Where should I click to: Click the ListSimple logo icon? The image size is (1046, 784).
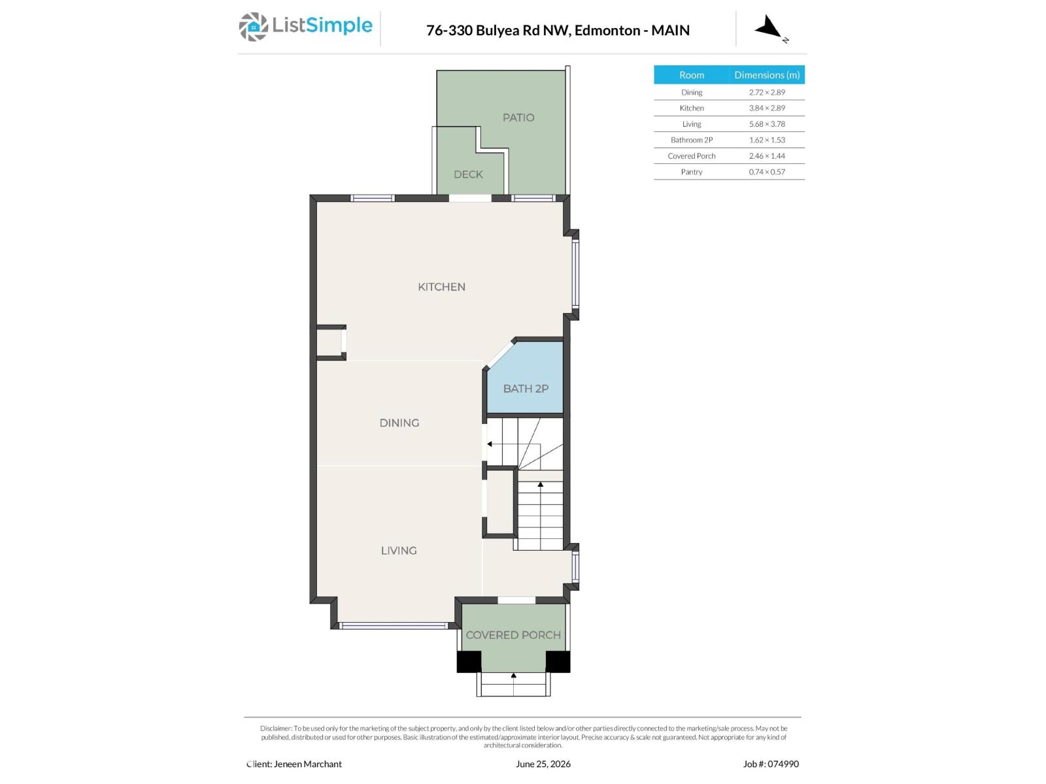click(253, 27)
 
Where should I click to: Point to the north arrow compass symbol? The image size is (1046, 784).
click(768, 27)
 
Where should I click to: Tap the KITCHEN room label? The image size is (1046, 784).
click(441, 287)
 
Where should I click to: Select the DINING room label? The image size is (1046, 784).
click(399, 423)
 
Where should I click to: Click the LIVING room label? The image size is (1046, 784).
click(399, 551)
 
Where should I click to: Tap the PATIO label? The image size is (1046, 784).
click(518, 118)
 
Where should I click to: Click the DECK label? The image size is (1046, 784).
click(468, 174)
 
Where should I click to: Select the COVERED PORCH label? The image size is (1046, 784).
click(513, 635)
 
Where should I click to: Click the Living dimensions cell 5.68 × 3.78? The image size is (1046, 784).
click(767, 123)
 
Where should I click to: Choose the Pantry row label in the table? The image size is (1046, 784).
click(692, 172)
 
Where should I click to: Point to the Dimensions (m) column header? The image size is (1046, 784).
click(767, 74)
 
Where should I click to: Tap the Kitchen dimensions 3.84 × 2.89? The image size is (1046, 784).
click(767, 108)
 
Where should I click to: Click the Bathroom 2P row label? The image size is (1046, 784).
click(692, 140)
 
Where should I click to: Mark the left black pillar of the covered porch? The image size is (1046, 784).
click(469, 661)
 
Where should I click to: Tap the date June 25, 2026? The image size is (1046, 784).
click(543, 764)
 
